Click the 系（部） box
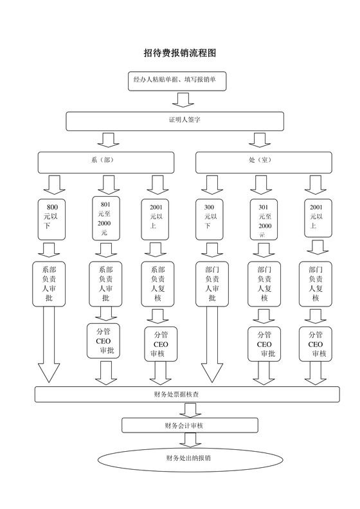click(105, 162)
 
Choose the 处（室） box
click(260, 162)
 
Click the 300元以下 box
click(210, 217)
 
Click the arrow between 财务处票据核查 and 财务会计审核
click(190, 409)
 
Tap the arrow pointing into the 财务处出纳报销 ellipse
click(190, 440)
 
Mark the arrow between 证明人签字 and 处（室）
click(259, 139)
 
